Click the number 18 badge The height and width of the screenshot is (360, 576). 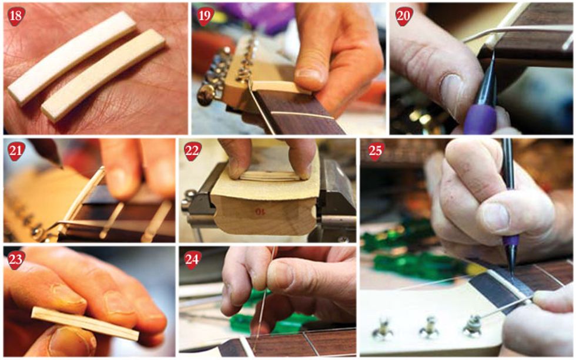[16, 16]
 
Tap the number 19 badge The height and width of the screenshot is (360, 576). [205, 16]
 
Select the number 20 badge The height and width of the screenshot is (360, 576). [404, 16]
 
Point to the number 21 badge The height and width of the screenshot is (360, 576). [16, 151]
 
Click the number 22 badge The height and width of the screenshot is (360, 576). [193, 151]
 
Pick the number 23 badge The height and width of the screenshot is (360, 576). [16, 260]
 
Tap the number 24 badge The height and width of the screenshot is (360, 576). [192, 260]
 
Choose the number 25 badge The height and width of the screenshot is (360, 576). [376, 151]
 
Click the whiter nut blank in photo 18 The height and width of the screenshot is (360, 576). [72, 58]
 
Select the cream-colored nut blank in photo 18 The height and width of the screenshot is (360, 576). [103, 75]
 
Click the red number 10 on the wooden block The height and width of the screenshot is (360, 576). [260, 211]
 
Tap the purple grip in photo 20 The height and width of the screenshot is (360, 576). [481, 117]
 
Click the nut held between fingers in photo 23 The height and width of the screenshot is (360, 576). [85, 324]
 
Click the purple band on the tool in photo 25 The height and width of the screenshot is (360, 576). [511, 241]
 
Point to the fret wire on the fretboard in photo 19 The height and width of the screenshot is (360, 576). [305, 115]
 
